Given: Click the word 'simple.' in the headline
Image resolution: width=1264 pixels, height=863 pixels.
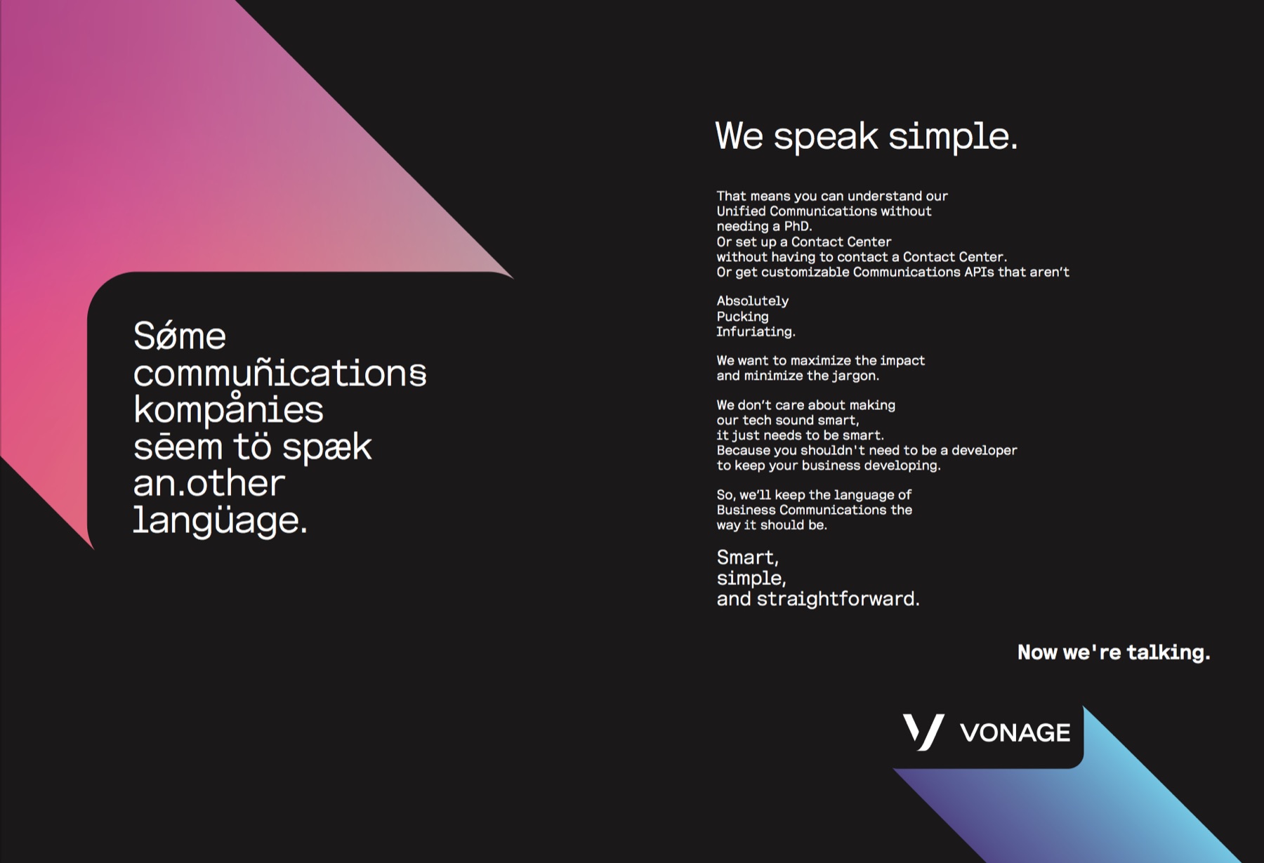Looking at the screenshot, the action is coord(953,136).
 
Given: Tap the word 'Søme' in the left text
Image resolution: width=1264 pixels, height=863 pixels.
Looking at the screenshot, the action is coord(180,336).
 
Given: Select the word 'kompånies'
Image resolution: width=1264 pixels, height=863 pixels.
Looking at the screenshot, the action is coord(228,409).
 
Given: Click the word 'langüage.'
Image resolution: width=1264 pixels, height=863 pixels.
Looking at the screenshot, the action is coord(220,520).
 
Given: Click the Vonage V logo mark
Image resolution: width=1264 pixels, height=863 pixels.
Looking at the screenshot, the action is coord(923,732).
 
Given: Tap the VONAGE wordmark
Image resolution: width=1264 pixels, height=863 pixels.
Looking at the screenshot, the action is coord(1015,733).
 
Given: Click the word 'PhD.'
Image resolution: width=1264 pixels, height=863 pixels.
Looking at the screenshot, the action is coord(798,226).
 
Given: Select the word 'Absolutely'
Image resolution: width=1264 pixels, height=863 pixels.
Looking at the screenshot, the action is coord(752,301).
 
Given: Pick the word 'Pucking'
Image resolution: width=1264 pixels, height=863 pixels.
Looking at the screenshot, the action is coord(742,317).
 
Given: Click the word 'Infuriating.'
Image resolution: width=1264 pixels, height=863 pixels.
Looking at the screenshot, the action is coord(756,331).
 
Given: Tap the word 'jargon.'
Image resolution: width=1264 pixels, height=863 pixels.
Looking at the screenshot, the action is coord(856,376).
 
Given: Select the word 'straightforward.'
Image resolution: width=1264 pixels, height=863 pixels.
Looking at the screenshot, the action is coord(838,599).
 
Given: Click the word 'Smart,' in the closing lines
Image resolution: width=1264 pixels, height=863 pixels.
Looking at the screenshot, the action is coord(747,558).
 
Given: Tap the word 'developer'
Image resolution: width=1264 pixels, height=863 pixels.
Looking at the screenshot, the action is coord(984,451).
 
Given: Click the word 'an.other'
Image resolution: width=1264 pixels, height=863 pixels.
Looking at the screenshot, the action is coord(209,483).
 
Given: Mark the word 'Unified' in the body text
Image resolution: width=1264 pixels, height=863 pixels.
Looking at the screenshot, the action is coord(741,211).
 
